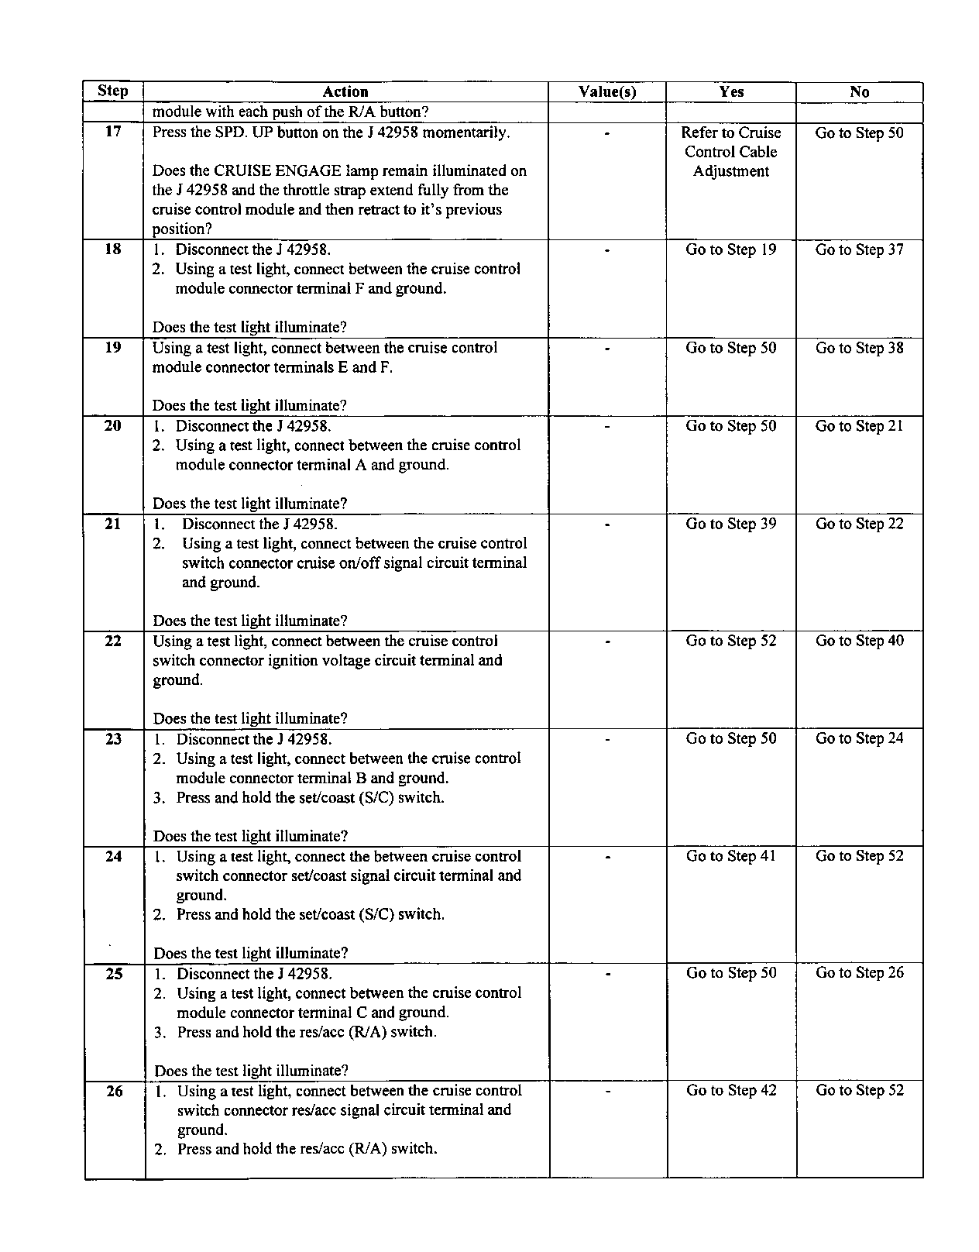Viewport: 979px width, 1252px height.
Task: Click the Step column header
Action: point(113,91)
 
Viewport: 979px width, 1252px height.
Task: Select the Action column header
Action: point(345,92)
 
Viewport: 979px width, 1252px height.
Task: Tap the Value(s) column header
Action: point(607,92)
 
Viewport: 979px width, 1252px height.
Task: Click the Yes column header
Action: point(731,92)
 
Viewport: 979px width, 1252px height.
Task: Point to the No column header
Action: point(859,92)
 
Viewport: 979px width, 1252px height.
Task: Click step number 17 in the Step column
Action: point(113,132)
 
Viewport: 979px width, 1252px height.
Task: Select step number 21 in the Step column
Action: point(113,524)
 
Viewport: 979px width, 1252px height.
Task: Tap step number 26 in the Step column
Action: point(114,1091)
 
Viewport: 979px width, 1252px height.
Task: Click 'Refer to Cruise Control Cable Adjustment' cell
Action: point(731,152)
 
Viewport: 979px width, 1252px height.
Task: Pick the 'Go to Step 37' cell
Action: point(859,249)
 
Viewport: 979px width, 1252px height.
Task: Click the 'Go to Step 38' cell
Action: point(859,348)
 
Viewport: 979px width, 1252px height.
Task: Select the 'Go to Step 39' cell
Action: point(731,524)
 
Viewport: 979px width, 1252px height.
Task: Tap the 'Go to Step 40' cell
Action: point(859,641)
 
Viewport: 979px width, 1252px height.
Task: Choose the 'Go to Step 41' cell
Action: point(731,856)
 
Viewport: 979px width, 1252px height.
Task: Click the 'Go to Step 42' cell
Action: point(731,1090)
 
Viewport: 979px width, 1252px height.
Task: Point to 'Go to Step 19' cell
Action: point(731,249)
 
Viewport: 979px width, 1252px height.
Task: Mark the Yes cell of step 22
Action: point(731,641)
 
